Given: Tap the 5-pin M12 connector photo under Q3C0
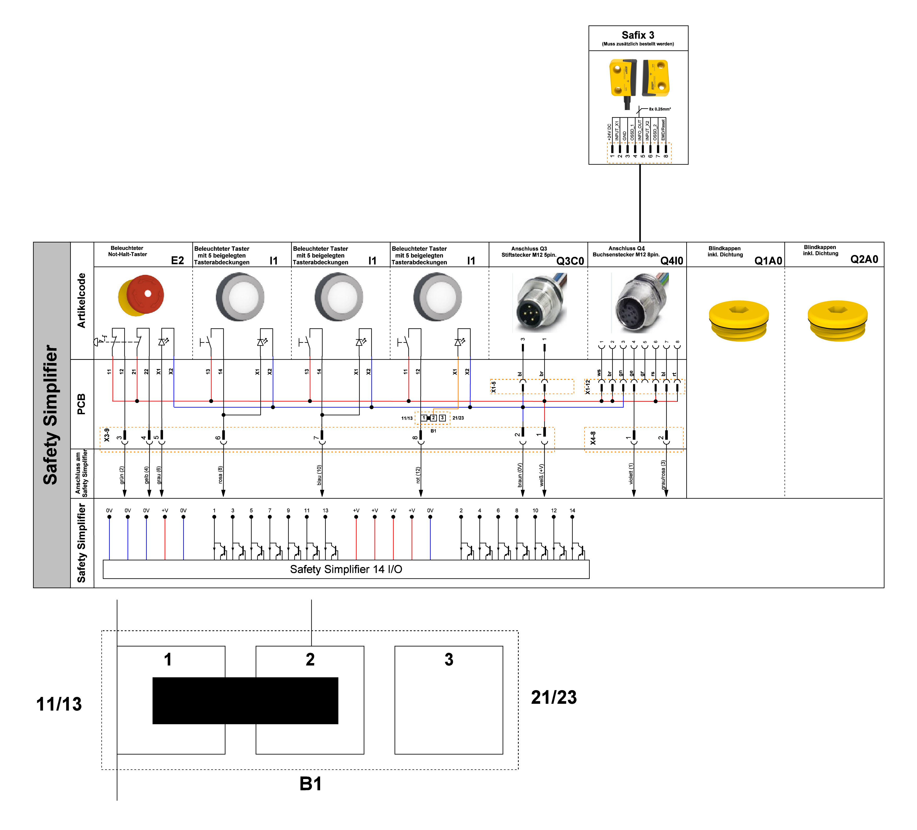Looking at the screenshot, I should point(539,302).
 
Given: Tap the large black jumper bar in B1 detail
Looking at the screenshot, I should point(245,700).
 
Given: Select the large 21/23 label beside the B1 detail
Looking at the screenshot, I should point(553,697).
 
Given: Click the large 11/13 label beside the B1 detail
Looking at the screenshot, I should point(59,704).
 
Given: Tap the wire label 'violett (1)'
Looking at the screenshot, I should point(631,474).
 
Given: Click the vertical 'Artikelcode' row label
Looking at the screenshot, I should point(82,301).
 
